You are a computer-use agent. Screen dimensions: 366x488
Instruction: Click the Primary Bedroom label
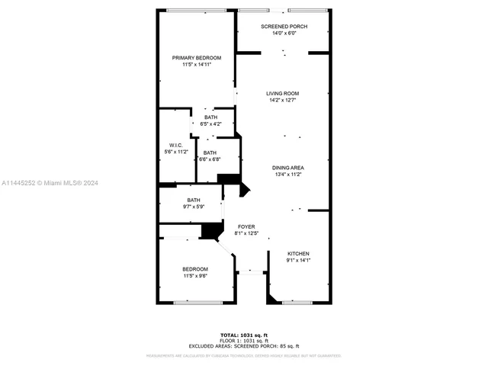pyautogui.click(x=197, y=58)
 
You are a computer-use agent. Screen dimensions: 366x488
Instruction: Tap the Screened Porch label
pyautogui.click(x=283, y=27)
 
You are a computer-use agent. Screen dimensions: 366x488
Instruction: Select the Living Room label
pyautogui.click(x=283, y=94)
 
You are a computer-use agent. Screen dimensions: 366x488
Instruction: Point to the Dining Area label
pyautogui.click(x=288, y=168)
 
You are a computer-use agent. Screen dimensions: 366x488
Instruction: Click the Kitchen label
pyautogui.click(x=298, y=254)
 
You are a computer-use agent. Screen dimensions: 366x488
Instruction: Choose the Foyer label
pyautogui.click(x=246, y=226)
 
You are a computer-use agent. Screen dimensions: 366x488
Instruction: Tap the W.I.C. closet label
pyautogui.click(x=175, y=145)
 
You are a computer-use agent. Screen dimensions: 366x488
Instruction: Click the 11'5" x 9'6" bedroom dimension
pyautogui.click(x=195, y=276)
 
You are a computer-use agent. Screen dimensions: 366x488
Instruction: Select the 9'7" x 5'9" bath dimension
pyautogui.click(x=194, y=207)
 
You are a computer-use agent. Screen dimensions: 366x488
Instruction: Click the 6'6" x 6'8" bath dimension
pyautogui.click(x=210, y=159)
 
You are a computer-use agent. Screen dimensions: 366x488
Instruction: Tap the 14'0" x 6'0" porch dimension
pyautogui.click(x=283, y=33)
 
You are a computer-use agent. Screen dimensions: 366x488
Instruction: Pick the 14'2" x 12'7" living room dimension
pyautogui.click(x=283, y=100)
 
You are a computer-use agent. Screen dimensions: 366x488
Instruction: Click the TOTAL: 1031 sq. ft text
pyautogui.click(x=244, y=335)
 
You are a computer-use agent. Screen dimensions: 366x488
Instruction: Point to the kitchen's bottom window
pyautogui.click(x=297, y=303)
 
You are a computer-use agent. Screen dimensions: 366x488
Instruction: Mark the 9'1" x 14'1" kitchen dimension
pyautogui.click(x=298, y=260)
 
